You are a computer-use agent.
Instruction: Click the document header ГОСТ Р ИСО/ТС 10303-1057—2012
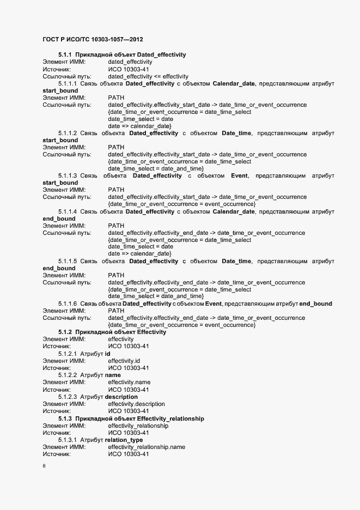93,40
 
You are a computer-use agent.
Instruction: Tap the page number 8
44,466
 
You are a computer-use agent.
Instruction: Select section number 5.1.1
65,55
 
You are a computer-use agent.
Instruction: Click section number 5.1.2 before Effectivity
65,332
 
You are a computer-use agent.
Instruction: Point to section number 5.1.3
65,418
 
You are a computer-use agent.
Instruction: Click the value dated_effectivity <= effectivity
148,76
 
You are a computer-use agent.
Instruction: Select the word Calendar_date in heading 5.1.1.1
234,83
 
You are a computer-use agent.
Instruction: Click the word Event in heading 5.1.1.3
240,175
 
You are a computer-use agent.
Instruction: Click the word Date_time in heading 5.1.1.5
236,261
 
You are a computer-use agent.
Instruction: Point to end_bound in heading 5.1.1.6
316,303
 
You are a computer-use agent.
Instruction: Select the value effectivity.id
124,361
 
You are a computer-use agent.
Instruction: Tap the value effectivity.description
136,404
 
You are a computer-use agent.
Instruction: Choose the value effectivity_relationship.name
147,447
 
